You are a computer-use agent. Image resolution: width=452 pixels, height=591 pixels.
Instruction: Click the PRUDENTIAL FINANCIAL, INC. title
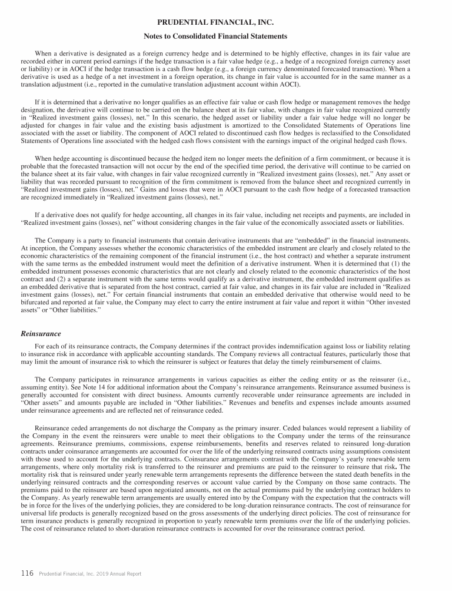point(225,22)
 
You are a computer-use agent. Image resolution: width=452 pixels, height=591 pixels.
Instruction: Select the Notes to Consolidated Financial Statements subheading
point(225,36)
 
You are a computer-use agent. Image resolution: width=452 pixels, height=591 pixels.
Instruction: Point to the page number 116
point(27,573)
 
